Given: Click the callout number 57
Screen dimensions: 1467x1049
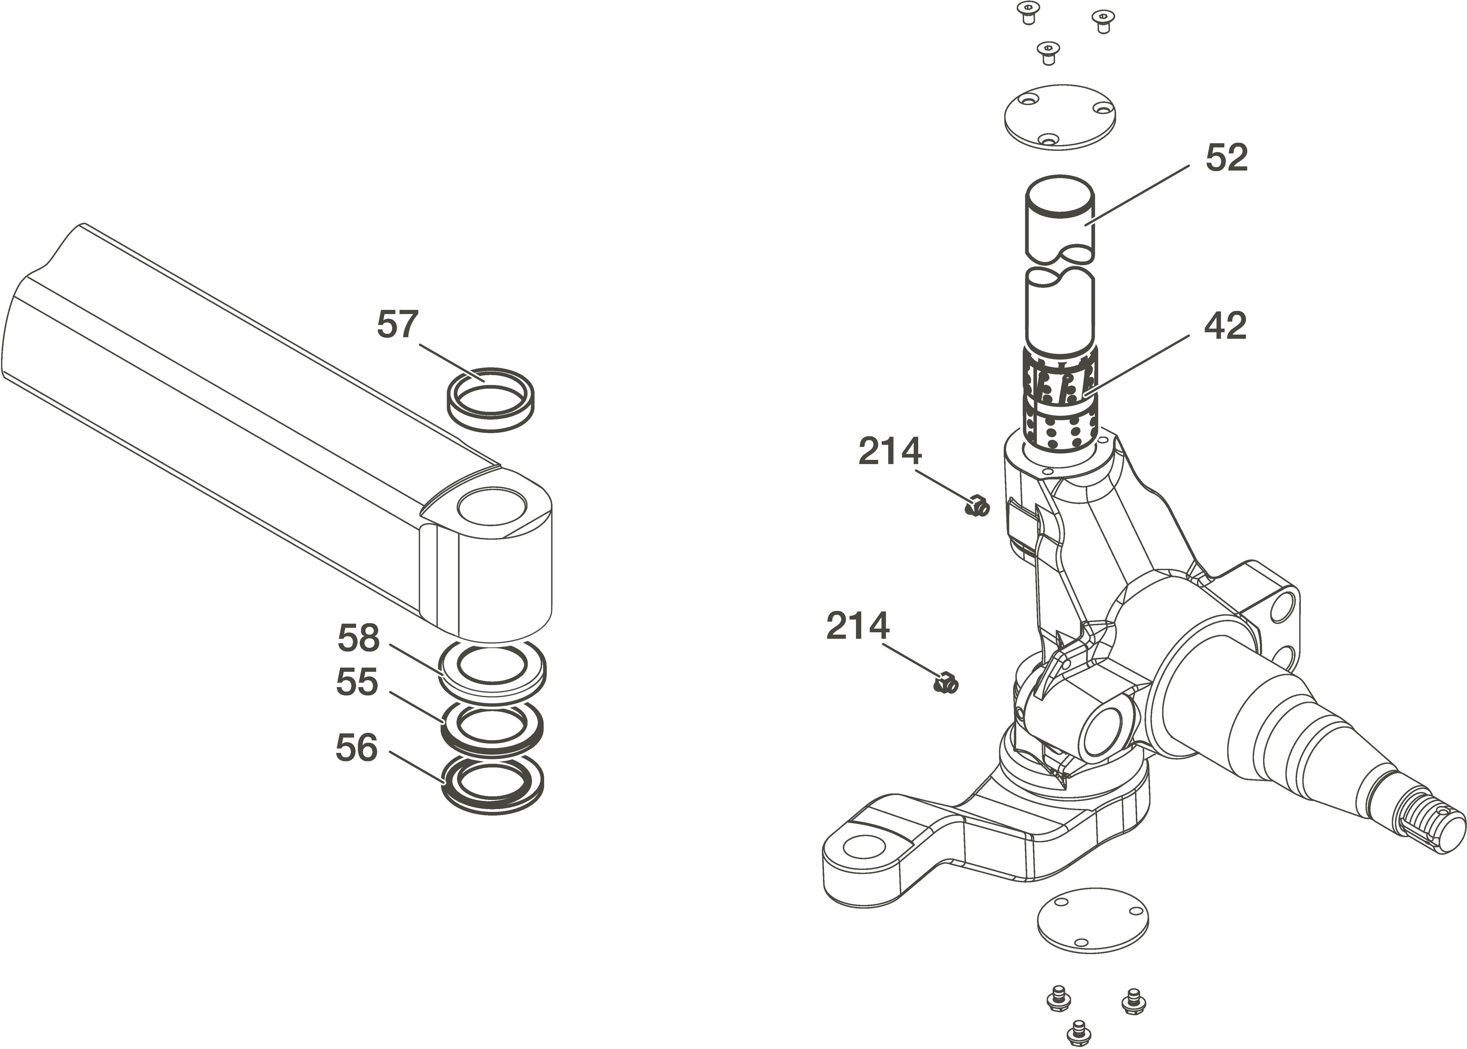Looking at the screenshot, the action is click(x=398, y=324).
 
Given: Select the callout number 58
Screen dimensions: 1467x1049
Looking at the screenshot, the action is click(x=358, y=638).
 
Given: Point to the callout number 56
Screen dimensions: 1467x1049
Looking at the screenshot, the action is click(x=356, y=748).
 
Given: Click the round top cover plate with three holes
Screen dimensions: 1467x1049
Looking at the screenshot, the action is click(x=1060, y=118).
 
